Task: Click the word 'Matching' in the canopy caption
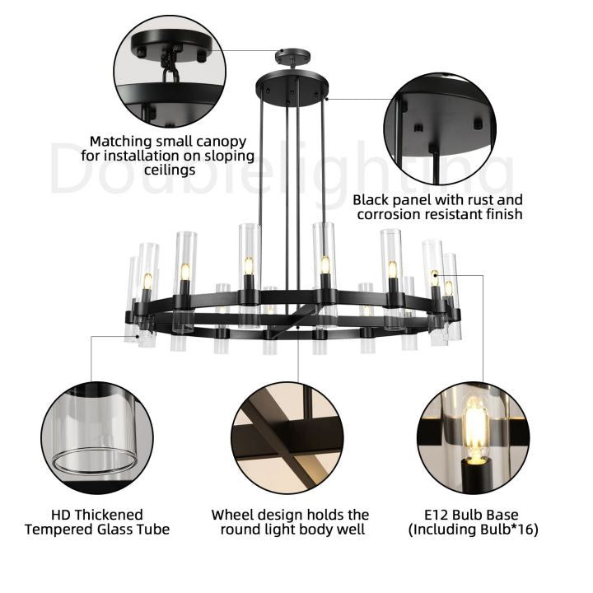click(x=119, y=142)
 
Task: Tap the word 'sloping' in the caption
click(x=230, y=156)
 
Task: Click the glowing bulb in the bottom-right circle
click(x=476, y=431)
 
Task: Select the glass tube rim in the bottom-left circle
click(x=94, y=461)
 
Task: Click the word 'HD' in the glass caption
click(x=60, y=515)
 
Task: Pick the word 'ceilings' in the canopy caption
click(x=170, y=170)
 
